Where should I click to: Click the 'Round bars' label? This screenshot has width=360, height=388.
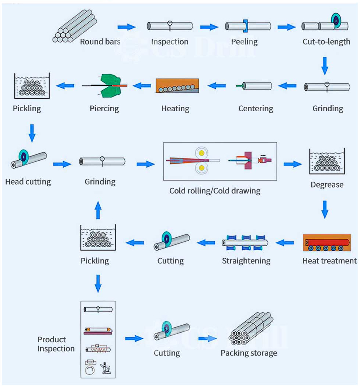coord(100,42)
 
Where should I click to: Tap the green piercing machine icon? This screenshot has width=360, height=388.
coord(110,85)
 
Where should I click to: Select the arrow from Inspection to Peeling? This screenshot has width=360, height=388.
coord(209,27)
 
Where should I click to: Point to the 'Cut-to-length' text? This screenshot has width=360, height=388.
coord(326,42)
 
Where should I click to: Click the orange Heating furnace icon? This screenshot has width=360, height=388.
coord(177,85)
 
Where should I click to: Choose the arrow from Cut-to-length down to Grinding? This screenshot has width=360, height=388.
coord(325,66)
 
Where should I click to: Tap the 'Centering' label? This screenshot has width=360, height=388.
coord(256,108)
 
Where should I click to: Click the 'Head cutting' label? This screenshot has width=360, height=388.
coord(28,182)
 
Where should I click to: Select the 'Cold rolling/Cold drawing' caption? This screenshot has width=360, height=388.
coord(215,191)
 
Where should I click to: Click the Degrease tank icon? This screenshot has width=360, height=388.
coord(327,161)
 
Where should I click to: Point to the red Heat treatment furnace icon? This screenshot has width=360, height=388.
coord(327,242)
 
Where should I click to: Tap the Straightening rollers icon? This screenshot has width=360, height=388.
coord(245,243)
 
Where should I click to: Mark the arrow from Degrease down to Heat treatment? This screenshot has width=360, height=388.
coord(325,210)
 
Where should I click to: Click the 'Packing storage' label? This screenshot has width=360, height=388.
coord(249,353)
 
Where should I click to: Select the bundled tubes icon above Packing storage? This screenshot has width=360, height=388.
coord(251,328)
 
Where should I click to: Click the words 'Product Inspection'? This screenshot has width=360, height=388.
coord(56,344)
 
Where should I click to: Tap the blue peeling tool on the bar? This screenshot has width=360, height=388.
coord(245,26)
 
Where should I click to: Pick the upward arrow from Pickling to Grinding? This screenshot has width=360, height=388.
coord(98,210)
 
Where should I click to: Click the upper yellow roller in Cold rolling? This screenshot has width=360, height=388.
coord(201,153)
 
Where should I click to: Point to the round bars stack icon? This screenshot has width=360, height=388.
coord(75,27)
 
